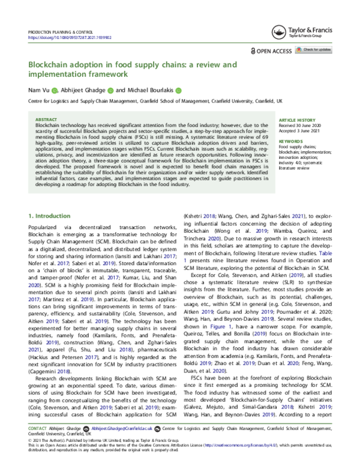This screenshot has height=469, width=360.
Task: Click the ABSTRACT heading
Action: pos(46,119)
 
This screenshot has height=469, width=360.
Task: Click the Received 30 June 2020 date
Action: pos(301,125)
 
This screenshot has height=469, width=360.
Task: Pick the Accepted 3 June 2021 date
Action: pos(301,130)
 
